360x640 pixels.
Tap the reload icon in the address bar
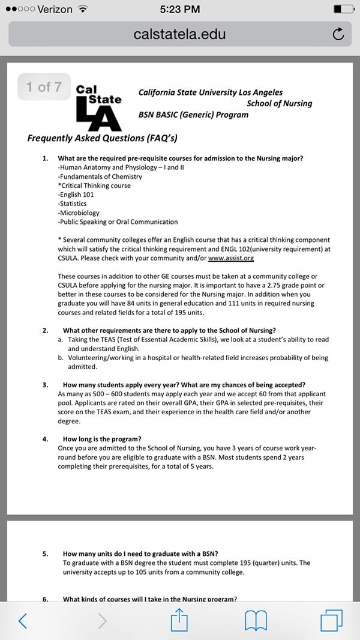pyautogui.click(x=338, y=34)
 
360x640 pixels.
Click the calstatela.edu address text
pyautogui.click(x=180, y=34)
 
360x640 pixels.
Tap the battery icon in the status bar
pyautogui.click(x=344, y=9)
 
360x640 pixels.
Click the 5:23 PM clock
pyautogui.click(x=179, y=9)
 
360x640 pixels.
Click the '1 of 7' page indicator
pyautogui.click(x=44, y=87)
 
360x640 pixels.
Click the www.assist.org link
pyautogui.click(x=231, y=258)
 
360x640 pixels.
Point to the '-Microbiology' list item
pyautogui.click(x=79, y=213)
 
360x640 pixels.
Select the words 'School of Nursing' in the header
pyautogui.click(x=279, y=103)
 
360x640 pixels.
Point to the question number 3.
pyautogui.click(x=46, y=385)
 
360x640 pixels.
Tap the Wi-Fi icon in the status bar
pyautogui.click(x=83, y=9)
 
